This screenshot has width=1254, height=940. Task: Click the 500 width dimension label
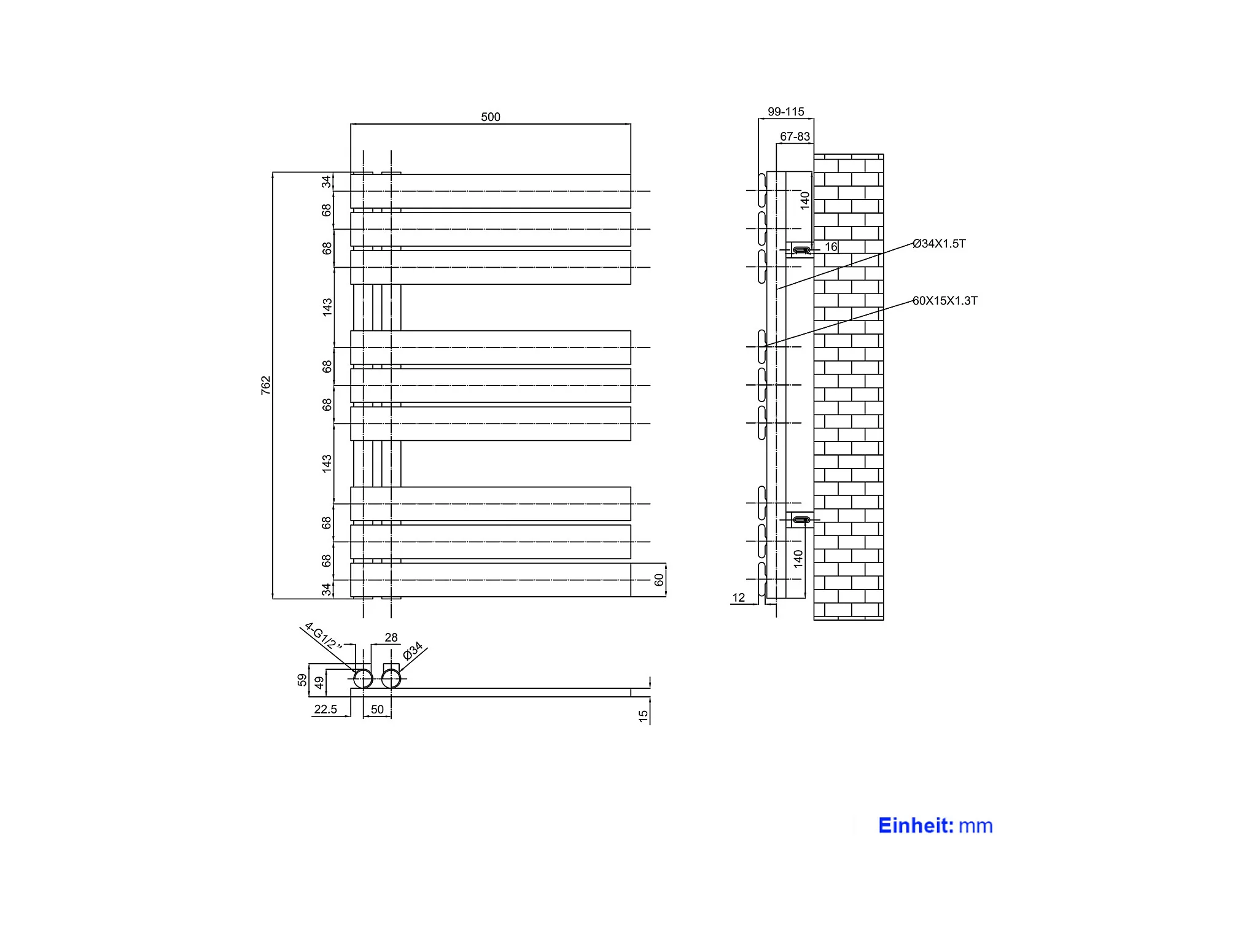point(490,117)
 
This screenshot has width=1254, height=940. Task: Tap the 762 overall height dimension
point(265,385)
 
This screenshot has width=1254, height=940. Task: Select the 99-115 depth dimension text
point(785,112)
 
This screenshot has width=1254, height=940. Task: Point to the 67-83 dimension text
point(795,136)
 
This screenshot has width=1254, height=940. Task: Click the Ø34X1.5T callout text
point(938,244)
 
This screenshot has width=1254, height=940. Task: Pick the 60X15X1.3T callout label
point(944,300)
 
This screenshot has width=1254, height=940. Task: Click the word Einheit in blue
point(916,825)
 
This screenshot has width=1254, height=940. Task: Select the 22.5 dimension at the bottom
point(325,709)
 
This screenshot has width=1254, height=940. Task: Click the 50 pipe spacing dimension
point(377,709)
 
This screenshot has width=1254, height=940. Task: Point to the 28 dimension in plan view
point(391,637)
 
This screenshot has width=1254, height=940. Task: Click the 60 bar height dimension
point(659,580)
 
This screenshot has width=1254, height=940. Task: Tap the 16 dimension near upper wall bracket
point(831,247)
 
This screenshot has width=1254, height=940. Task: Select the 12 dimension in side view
point(738,597)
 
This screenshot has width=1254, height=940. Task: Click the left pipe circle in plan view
point(363,678)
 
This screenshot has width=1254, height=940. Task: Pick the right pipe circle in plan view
point(391,678)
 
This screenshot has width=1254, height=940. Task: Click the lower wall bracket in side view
point(801,520)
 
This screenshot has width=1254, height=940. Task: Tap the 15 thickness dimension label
point(643,716)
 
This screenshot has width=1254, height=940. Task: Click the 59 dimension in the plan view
point(302,680)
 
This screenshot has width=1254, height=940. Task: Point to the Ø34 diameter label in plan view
point(413,650)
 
